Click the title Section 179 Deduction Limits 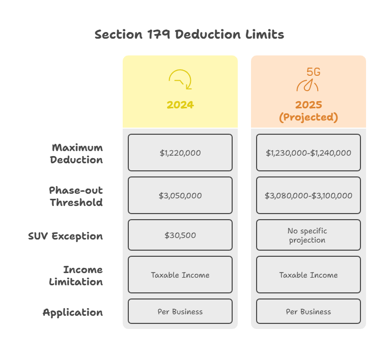pos(189,35)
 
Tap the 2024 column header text pos(180,105)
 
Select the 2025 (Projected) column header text pos(309,111)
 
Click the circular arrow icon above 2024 pos(180,80)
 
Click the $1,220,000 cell pos(180,153)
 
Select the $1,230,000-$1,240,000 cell pos(309,153)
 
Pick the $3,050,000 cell pos(180,195)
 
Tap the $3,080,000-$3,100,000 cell pos(309,195)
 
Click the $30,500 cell pos(180,235)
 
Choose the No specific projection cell pos(309,235)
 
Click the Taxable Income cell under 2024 pos(180,275)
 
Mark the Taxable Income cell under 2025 pos(309,275)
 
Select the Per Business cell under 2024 pos(180,311)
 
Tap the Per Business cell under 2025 pos(309,311)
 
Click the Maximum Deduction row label pos(77,154)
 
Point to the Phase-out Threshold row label pos(76,196)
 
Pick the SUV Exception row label pos(65,236)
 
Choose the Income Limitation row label pos(76,276)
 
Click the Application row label pos(73,312)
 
